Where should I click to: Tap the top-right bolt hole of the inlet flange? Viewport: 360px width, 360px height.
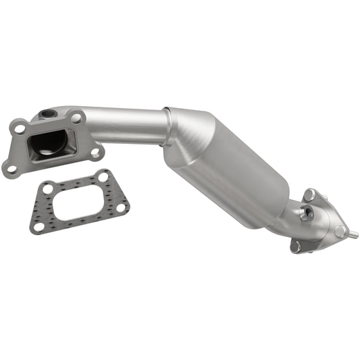click(76, 118)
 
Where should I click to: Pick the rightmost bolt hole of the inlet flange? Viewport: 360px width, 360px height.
click(95, 152)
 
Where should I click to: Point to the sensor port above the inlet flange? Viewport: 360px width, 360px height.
click(47, 114)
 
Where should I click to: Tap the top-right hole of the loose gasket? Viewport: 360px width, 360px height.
click(103, 178)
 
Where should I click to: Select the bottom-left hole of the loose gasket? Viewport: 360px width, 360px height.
click(38, 226)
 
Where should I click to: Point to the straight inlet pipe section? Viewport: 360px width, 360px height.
click(128, 126)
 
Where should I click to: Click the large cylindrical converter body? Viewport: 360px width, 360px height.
click(230, 169)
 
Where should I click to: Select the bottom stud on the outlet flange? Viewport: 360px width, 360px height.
click(296, 247)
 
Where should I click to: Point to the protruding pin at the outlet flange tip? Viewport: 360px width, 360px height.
click(352, 235)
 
